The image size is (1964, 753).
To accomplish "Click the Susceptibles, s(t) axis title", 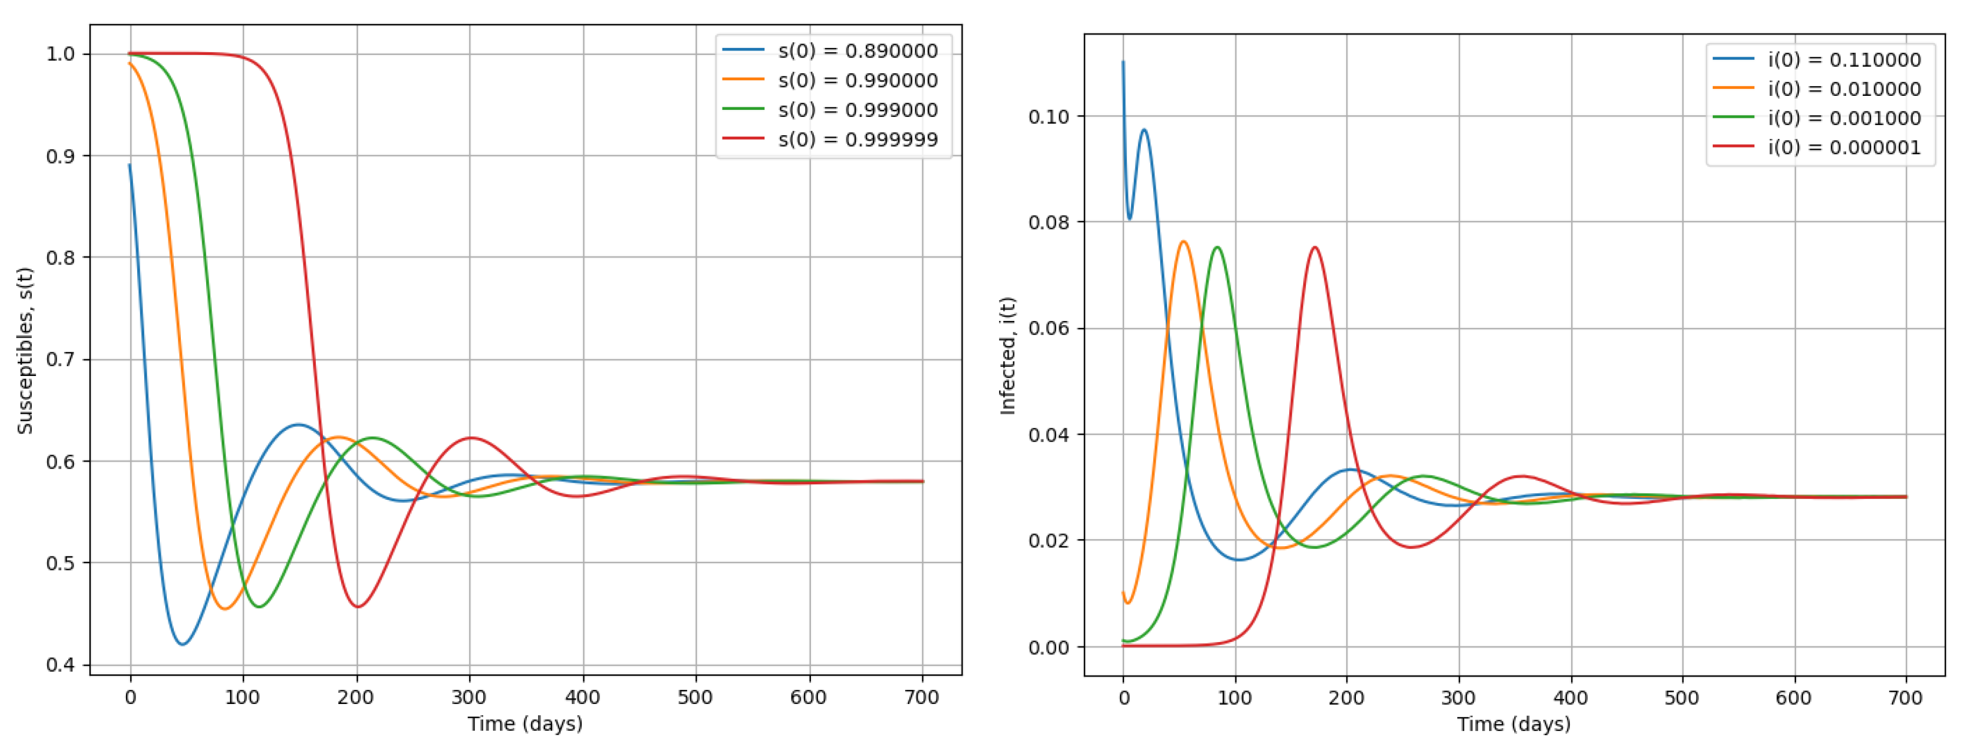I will point(25,351).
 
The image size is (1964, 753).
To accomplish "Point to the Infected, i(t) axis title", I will point(1007,355).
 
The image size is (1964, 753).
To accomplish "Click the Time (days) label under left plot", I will point(525,723).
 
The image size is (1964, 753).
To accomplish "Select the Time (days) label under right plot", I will point(1514,723).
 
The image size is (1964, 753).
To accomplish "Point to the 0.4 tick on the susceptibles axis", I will point(60,665).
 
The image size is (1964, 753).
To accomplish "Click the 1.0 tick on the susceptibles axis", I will point(60,54).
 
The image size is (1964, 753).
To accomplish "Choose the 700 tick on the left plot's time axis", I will point(922,698).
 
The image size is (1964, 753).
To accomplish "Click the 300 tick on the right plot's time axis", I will point(1459,698).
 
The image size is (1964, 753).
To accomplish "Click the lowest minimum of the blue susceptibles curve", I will point(182,645).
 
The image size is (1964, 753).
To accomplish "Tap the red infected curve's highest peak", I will point(1315,247).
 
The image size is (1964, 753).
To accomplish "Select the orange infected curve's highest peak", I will point(1183,242).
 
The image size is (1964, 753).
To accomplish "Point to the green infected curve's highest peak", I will point(1217,247).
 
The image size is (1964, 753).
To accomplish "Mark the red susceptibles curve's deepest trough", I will point(358,607).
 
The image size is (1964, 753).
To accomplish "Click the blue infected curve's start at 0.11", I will point(1123,62).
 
